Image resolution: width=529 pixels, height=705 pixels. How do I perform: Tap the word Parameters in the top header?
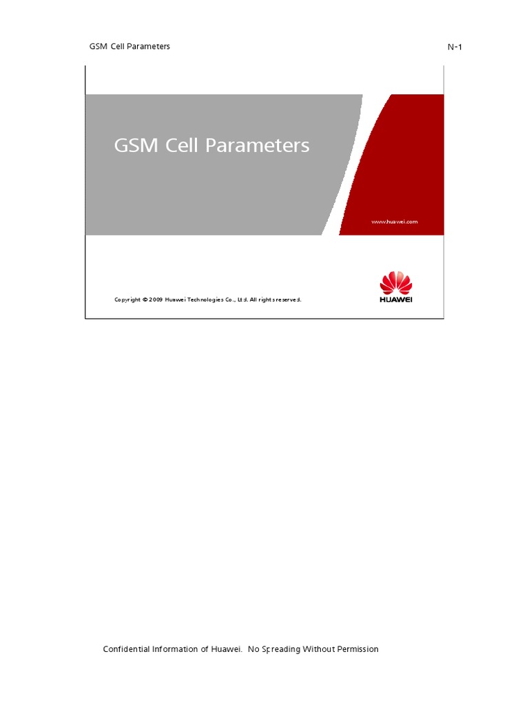(151, 46)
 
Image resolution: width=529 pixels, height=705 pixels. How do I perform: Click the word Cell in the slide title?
(187, 146)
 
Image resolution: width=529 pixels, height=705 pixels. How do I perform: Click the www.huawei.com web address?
(395, 222)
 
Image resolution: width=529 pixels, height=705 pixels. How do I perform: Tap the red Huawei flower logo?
(396, 283)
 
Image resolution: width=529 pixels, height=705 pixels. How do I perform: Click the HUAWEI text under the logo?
(396, 299)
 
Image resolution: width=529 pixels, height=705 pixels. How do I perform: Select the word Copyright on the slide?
(127, 299)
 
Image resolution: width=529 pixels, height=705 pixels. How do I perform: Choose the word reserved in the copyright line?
(289, 299)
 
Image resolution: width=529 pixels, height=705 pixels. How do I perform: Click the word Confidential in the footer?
(127, 649)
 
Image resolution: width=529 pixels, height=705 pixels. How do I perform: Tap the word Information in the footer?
(175, 649)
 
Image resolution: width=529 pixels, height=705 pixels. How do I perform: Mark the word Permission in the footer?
(358, 649)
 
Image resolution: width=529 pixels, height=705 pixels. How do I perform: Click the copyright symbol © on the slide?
(145, 299)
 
